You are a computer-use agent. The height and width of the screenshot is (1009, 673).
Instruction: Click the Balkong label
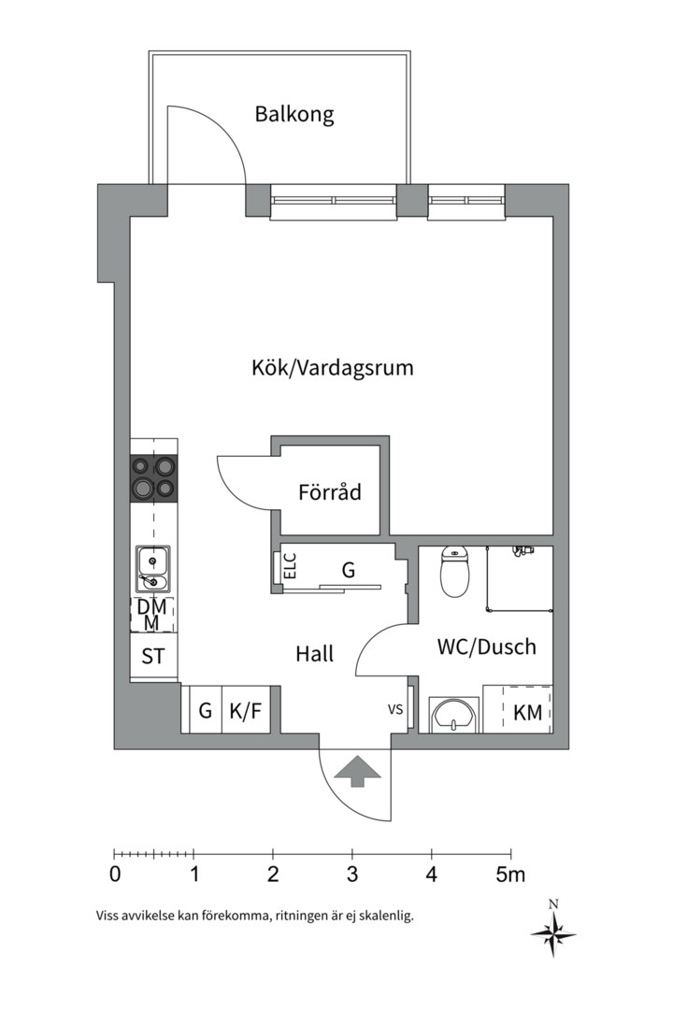point(294,115)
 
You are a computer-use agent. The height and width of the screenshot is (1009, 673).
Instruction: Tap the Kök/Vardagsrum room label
point(333,367)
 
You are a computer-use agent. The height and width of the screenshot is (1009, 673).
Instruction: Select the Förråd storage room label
point(329,491)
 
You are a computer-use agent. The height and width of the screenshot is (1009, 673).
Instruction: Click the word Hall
point(315,654)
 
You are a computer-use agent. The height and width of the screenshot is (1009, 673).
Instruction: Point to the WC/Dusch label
point(487,646)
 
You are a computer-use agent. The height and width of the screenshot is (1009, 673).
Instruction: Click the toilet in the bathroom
point(454,571)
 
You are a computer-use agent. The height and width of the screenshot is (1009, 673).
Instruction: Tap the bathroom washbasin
point(454,715)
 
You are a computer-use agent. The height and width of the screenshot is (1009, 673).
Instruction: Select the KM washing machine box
point(528,713)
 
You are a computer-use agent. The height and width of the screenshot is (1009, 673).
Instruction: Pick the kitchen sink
point(153,570)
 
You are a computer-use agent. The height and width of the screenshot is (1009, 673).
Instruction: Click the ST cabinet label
point(153,656)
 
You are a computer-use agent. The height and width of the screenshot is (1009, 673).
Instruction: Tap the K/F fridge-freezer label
point(245,711)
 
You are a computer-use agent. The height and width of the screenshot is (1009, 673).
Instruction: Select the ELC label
point(290,566)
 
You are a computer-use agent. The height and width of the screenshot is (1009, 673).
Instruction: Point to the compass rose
point(553,931)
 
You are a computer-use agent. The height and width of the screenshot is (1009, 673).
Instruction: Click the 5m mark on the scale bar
point(510,875)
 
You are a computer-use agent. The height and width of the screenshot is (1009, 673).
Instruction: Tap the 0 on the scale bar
point(114,875)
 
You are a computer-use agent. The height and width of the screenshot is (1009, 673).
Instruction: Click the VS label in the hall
point(395,710)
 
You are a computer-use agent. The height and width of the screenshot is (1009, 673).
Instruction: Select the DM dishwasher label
point(151,606)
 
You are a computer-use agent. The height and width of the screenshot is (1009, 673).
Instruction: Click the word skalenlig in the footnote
point(384,916)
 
